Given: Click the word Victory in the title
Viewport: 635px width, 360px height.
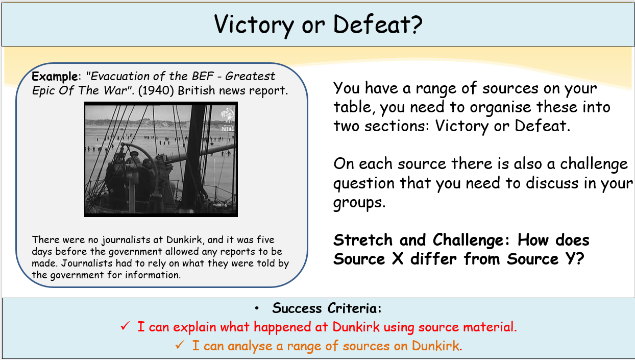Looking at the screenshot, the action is (x=254, y=25).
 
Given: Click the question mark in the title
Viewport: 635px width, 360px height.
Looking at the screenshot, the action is (x=416, y=24).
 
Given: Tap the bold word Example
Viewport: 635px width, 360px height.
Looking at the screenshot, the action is (x=55, y=77).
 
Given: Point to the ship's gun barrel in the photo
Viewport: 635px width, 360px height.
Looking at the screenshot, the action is (x=199, y=153).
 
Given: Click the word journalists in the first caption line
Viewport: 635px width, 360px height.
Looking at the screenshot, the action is (x=126, y=240).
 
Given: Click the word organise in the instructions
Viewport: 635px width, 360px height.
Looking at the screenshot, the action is (x=500, y=108).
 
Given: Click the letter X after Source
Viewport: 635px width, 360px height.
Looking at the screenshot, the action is (x=398, y=259).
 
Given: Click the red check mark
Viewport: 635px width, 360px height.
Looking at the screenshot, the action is (x=125, y=326).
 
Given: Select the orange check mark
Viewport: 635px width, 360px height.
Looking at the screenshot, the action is (x=180, y=345).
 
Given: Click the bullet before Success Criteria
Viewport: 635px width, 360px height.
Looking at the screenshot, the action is (x=257, y=308).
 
